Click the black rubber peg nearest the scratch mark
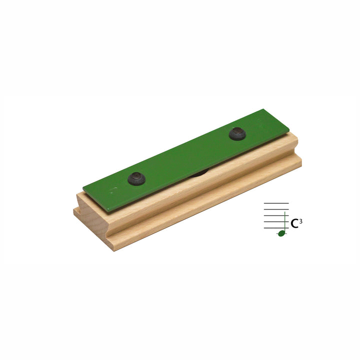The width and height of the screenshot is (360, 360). pyautogui.click(x=136, y=179)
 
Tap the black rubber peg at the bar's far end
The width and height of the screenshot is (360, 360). pyautogui.click(x=237, y=133)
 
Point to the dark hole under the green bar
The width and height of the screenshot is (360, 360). pyautogui.click(x=199, y=173)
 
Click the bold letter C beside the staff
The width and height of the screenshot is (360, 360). pyautogui.click(x=294, y=223)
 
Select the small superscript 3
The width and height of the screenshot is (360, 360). pyautogui.click(x=301, y=221)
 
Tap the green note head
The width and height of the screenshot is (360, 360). pyautogui.click(x=281, y=233)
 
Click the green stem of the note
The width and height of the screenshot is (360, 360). pyautogui.click(x=285, y=222)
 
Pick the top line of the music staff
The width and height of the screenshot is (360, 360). pyautogui.click(x=276, y=203)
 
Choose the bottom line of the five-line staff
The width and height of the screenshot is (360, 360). pyautogui.click(x=276, y=228)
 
